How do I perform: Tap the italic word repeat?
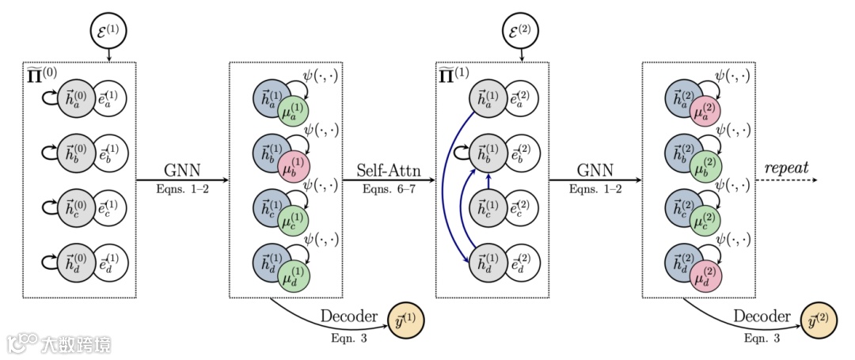pyautogui.click(x=786, y=169)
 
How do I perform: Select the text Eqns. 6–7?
pyautogui.click(x=388, y=191)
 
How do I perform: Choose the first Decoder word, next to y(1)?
pyautogui.click(x=349, y=316)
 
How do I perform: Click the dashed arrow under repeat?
pyautogui.click(x=786, y=181)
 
